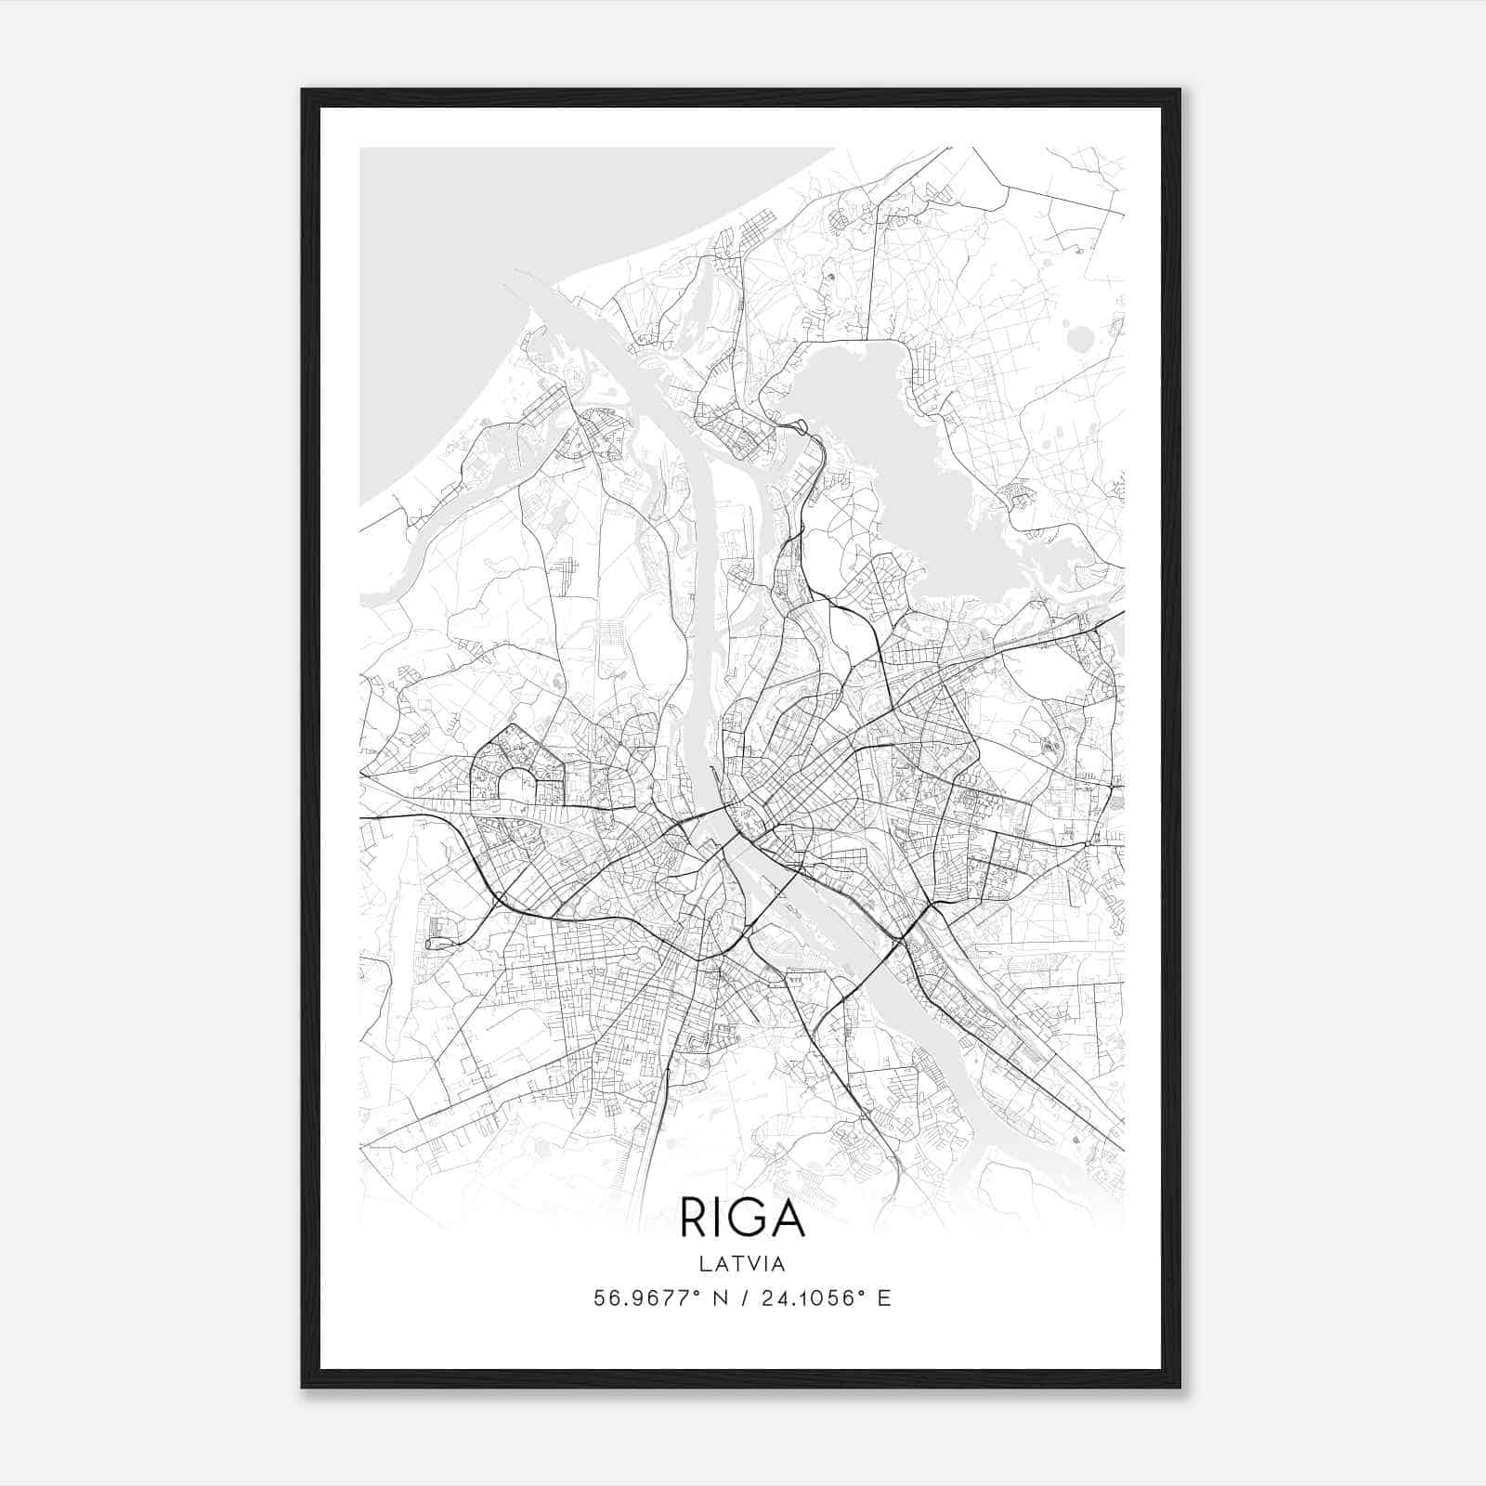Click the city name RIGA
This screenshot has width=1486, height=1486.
(742, 1218)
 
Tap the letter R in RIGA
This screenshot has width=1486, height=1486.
(692, 1218)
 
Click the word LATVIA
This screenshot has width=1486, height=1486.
(742, 1264)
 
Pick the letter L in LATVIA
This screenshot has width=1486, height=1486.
(703, 1264)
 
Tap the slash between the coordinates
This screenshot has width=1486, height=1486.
(739, 1298)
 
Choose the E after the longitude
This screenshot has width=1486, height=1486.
(883, 1298)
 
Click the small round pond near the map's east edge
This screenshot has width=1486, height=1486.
(1080, 338)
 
